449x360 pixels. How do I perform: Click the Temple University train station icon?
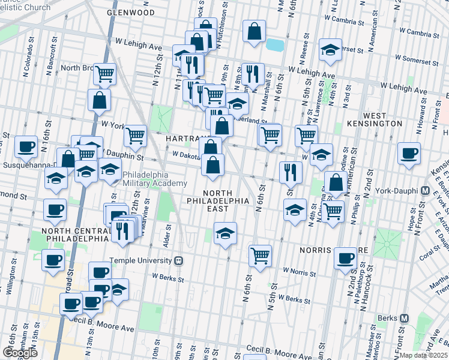point(178,261)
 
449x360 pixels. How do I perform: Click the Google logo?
point(20,353)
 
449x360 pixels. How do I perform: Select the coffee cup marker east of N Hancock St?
point(409,153)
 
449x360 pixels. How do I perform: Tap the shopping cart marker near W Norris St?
point(260,255)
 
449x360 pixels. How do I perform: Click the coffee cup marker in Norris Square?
point(345,257)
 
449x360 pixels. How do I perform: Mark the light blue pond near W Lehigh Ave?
point(275,44)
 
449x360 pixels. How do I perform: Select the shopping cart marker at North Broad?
point(105,74)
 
